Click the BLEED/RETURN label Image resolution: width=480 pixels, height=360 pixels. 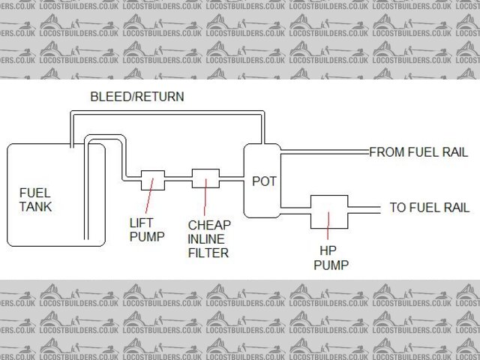136,97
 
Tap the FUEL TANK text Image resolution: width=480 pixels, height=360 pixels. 35,199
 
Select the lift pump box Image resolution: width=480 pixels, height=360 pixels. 152,180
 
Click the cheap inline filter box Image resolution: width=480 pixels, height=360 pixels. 204,180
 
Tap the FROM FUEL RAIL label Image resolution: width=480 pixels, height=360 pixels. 418,152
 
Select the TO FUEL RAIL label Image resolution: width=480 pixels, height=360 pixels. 429,208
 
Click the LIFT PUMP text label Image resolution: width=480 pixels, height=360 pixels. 145,229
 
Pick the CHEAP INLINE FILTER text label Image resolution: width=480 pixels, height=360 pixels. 208,238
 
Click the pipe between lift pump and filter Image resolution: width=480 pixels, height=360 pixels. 178,180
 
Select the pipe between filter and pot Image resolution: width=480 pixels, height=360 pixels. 230,180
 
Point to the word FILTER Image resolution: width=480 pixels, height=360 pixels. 208,253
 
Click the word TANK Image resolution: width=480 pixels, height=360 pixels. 35,206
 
